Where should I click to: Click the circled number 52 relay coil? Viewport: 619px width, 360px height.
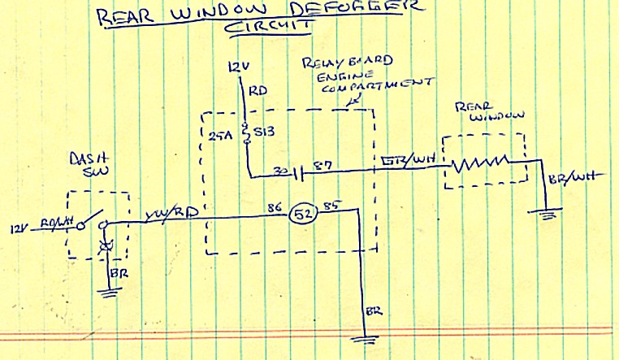coord(304,216)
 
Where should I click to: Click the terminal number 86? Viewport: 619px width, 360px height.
coord(271,208)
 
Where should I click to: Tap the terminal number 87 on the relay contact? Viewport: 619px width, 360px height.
coord(322,167)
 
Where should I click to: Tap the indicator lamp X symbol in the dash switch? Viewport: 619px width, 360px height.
coord(104,245)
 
